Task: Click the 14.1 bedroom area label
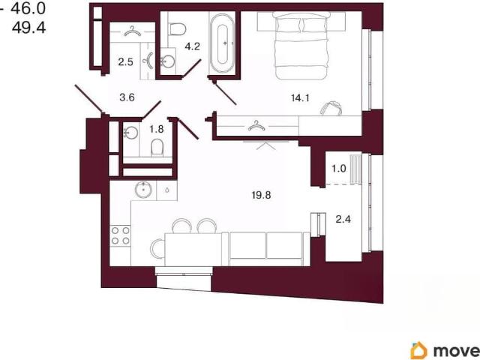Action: [300, 98]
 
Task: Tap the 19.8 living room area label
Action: [262, 195]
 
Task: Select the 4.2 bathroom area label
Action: [192, 46]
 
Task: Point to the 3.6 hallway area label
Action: [127, 97]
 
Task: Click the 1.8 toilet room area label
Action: [157, 129]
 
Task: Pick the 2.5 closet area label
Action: [126, 61]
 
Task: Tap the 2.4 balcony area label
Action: [343, 219]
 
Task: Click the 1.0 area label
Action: [339, 168]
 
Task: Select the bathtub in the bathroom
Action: [222, 43]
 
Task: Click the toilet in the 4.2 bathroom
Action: [177, 30]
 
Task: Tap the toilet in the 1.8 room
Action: [157, 148]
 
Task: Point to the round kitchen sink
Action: [143, 190]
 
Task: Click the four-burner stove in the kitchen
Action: [120, 235]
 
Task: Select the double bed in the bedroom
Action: [301, 45]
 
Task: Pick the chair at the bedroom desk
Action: [331, 109]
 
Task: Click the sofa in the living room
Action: [266, 248]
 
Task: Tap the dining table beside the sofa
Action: [193, 249]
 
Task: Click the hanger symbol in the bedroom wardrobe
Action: [256, 125]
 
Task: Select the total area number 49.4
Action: [29, 28]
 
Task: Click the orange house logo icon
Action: [418, 350]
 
